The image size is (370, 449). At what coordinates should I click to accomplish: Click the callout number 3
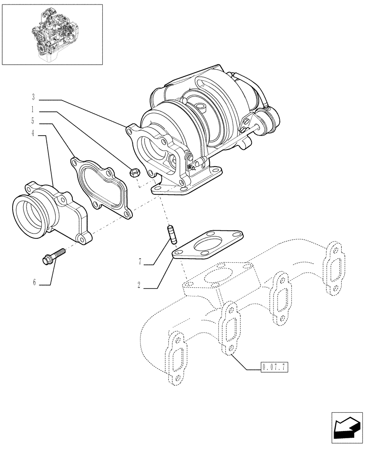coord(33,97)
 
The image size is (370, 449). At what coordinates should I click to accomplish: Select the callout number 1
coord(33,109)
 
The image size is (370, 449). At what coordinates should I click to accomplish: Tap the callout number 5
coord(33,121)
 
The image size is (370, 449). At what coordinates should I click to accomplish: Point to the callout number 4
coord(33,133)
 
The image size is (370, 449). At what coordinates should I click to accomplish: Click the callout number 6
coord(33,282)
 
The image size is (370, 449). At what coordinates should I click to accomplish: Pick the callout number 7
coord(140,261)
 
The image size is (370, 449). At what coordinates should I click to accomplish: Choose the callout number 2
coord(140,285)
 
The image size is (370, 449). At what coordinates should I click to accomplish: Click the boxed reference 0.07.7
coord(273,367)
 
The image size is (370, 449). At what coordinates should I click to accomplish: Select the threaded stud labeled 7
coord(171,234)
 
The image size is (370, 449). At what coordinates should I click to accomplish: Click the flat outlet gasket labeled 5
coord(101,189)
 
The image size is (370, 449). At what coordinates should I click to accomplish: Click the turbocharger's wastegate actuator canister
coord(268,121)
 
